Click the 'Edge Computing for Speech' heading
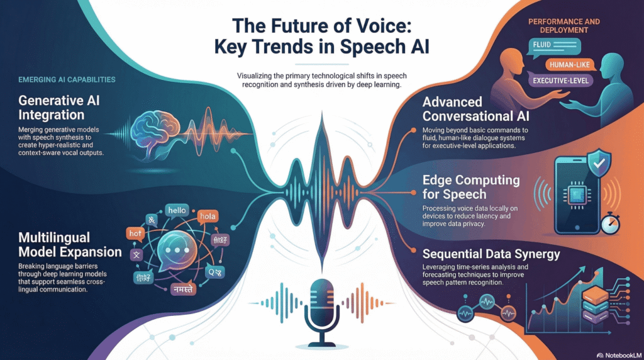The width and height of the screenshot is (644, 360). (x=471, y=187)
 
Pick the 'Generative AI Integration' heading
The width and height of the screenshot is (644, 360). (x=60, y=108)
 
